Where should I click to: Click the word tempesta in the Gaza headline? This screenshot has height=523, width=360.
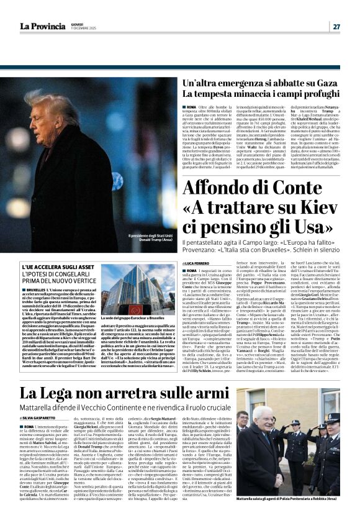click(x=210, y=95)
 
